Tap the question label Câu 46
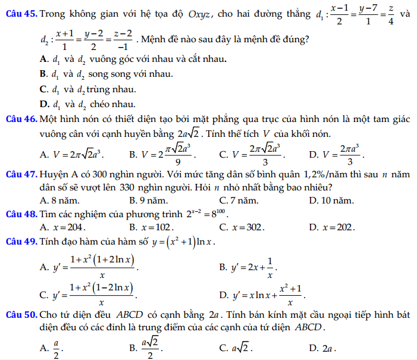[x=20, y=120]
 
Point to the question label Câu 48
[x=20, y=213]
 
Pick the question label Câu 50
[x=20, y=314]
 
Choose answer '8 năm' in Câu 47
[x=60, y=200]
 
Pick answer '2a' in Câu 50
[x=328, y=348]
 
